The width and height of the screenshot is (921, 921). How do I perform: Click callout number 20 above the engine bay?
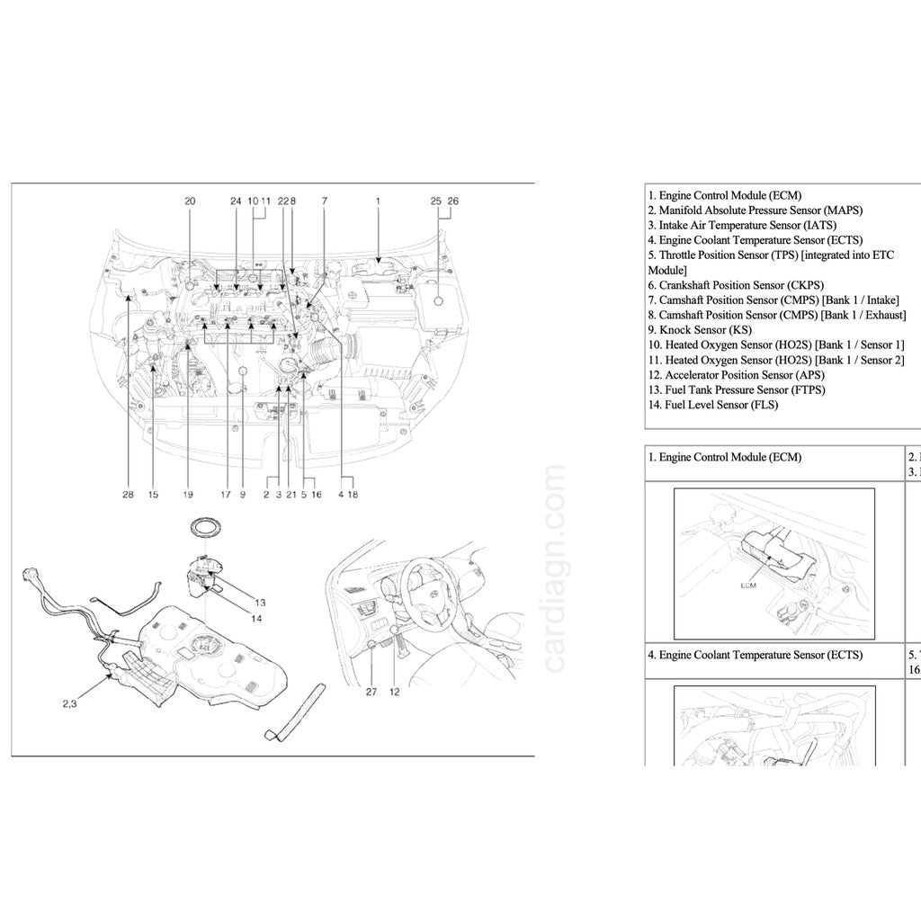(189, 201)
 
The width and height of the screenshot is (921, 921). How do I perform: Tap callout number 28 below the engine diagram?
(129, 494)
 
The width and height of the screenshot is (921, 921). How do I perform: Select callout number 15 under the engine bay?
(153, 494)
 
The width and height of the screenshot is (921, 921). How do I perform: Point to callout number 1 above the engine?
(378, 201)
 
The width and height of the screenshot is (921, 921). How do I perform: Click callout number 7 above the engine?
(324, 201)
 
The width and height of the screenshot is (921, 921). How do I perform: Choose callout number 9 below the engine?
(242, 494)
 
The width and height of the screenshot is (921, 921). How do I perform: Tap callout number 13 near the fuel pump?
(260, 602)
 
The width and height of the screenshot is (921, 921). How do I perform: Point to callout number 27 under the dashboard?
(371, 692)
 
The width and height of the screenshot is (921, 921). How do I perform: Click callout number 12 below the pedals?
(395, 692)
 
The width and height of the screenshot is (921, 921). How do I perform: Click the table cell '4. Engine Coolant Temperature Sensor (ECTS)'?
(755, 655)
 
